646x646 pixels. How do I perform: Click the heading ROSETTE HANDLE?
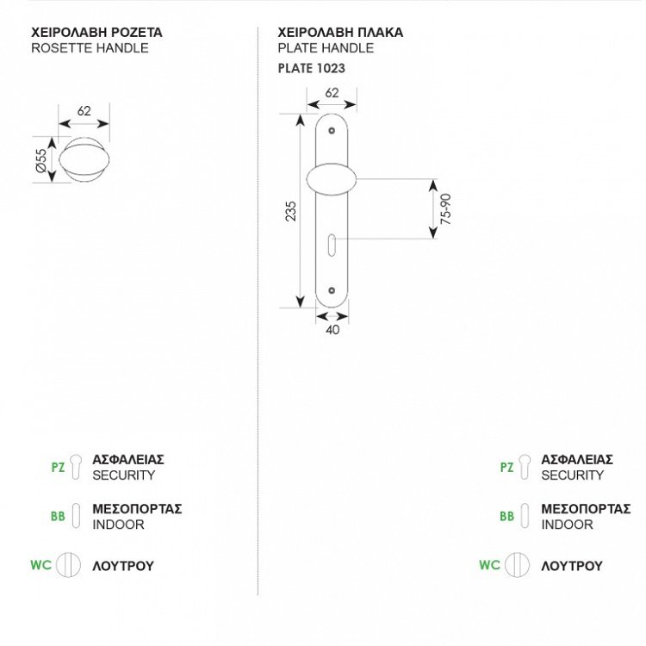(x=90, y=48)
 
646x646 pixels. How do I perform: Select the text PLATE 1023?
(x=312, y=67)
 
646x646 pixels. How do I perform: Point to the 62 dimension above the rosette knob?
(x=84, y=110)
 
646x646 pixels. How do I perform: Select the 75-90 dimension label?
(x=444, y=209)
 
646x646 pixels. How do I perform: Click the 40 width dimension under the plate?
(x=332, y=328)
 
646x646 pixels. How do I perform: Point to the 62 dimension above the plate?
(x=332, y=92)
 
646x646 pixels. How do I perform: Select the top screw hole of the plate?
(x=332, y=131)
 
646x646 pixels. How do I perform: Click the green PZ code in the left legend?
(x=58, y=468)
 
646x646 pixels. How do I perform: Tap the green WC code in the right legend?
(x=489, y=565)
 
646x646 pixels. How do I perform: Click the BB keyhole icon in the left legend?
(x=76, y=516)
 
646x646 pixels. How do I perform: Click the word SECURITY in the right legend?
(x=573, y=475)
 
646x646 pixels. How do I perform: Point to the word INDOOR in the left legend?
(x=118, y=524)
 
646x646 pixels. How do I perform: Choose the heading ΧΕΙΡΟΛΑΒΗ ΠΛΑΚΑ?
(x=341, y=33)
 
